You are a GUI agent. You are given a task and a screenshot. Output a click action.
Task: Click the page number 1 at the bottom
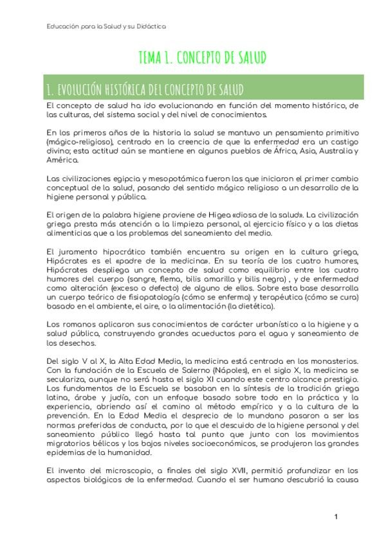(336, 517)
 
